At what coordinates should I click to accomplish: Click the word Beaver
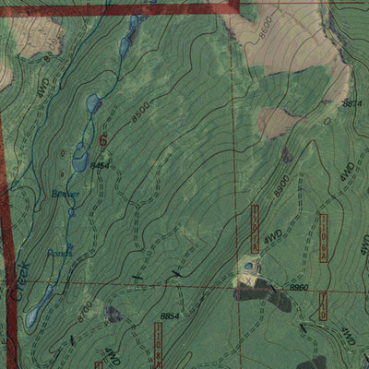(x=64, y=194)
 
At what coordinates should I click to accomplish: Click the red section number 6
(x=101, y=139)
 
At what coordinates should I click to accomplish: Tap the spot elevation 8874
(x=351, y=104)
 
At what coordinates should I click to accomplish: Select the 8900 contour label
(x=282, y=184)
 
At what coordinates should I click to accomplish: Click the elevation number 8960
(x=299, y=288)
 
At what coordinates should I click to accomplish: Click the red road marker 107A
(x=256, y=225)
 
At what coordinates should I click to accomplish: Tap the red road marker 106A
(x=324, y=234)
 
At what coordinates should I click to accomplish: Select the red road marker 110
(x=324, y=305)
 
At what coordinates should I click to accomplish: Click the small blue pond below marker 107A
(x=248, y=268)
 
